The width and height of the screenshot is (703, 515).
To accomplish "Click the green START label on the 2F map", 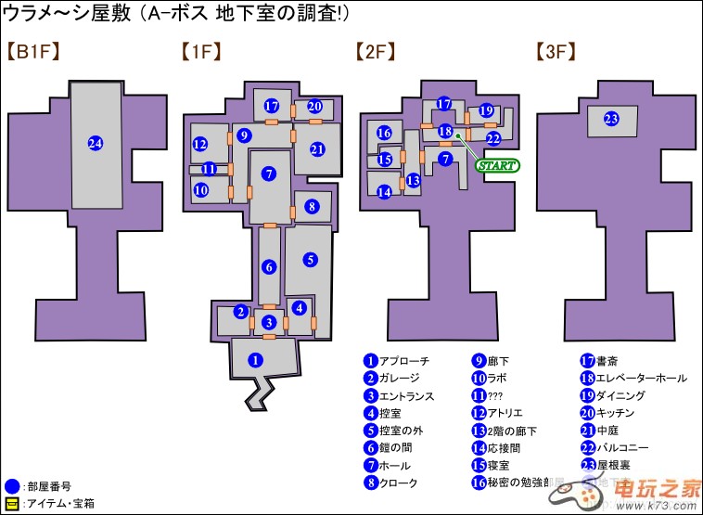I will pos(497,165).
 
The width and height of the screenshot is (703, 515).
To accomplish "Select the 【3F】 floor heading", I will pos(556,53).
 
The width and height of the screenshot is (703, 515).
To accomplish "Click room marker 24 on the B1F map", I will pos(95,142).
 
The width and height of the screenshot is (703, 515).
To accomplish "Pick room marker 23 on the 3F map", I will pos(611,119).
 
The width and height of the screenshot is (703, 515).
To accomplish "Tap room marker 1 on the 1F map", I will pos(257,359).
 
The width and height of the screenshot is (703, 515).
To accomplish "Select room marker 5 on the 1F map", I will pos(311,260).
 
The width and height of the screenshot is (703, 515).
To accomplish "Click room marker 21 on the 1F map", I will pos(317,148).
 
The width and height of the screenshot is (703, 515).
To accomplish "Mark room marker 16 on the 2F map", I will pos(384,134).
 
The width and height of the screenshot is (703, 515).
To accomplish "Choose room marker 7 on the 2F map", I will pos(445,159).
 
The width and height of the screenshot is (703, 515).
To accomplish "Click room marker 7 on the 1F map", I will pos(269,174).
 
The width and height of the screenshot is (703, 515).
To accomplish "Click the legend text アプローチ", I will pos(404,361).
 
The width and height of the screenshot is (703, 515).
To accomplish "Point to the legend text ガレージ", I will pos(399,379).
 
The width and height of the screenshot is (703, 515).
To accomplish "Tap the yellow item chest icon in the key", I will pos(11,504).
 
